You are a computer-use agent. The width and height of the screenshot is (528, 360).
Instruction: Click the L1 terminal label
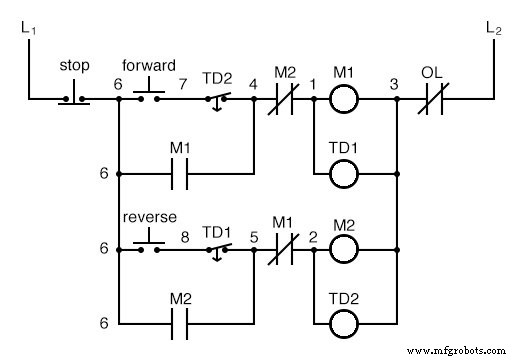26,29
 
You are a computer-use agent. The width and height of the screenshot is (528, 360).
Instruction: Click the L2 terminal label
494,29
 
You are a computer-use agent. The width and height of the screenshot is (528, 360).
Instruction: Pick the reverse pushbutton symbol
149,241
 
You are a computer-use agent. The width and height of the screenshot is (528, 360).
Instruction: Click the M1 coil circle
344,99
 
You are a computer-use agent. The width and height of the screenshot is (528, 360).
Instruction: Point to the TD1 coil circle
344,173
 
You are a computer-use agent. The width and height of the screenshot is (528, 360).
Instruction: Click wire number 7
183,83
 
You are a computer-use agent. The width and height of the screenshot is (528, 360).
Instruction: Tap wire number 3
396,84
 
